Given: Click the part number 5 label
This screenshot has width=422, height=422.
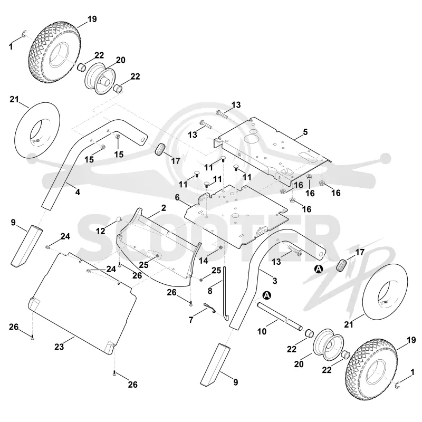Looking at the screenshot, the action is pos(305,132).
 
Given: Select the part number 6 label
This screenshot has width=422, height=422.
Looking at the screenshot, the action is pos(177,197).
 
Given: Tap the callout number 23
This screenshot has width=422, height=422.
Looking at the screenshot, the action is pos(59,347).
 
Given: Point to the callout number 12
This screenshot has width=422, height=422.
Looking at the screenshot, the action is pos(100,231).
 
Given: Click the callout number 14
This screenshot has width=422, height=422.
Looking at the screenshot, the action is pos(204,261).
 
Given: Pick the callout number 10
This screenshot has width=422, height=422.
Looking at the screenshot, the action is pos(262,331).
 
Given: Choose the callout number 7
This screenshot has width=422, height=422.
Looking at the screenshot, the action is pos(191,320).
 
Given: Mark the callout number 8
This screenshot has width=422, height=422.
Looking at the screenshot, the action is pos(210,291).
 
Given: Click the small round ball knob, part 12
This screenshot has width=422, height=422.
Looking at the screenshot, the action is pos(119,219).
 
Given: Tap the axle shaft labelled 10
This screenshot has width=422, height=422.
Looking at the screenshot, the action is pos(280,316).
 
